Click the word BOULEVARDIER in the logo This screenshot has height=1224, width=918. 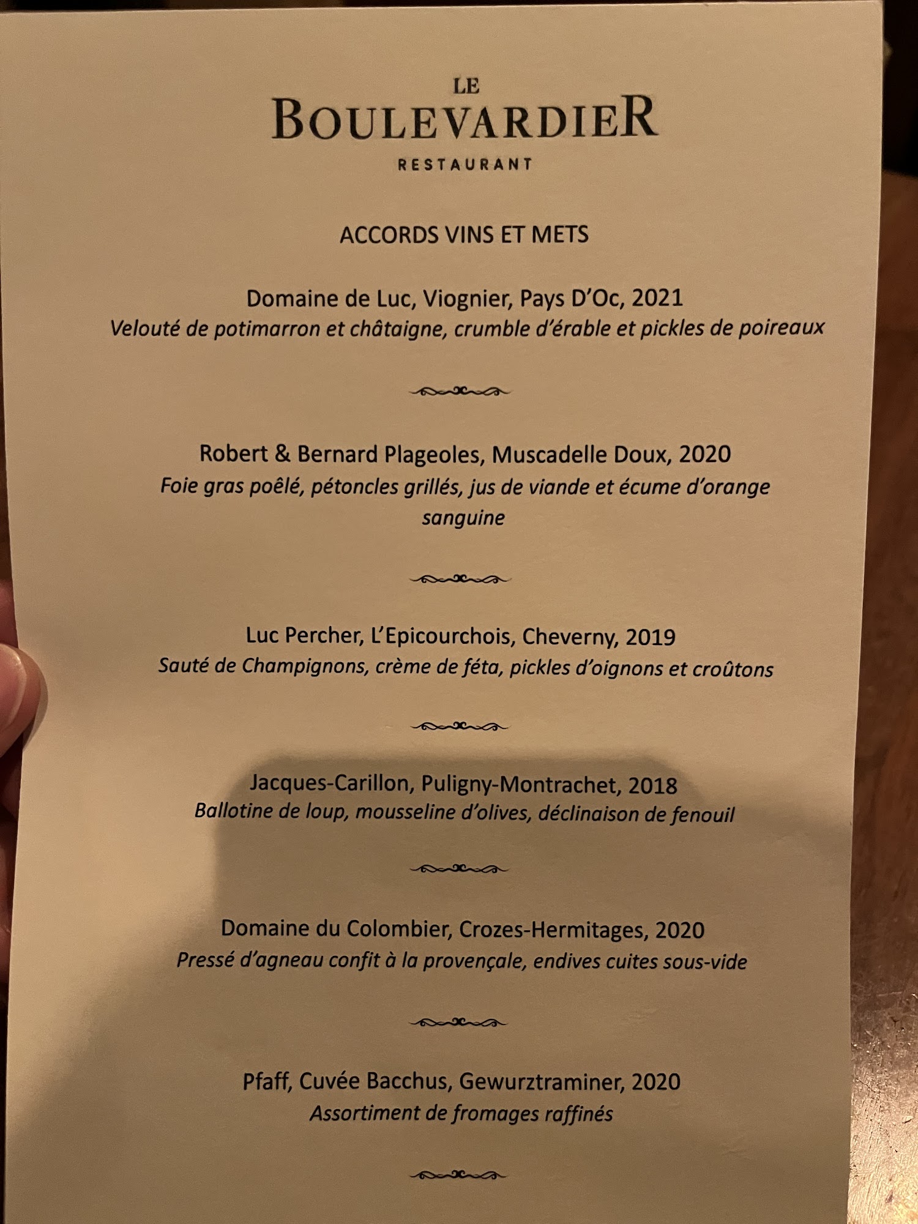click(465, 118)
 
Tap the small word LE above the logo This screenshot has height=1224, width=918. click(466, 86)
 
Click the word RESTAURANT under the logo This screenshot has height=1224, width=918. click(465, 165)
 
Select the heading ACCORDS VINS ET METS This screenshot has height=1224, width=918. click(464, 235)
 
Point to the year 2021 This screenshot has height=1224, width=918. click(657, 298)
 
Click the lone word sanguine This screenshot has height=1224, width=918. click(463, 518)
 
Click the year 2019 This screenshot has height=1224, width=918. click(651, 637)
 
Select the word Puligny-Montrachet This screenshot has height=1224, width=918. click(519, 785)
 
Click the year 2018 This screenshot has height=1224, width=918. click(652, 786)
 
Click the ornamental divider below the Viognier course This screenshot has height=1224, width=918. click(460, 391)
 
